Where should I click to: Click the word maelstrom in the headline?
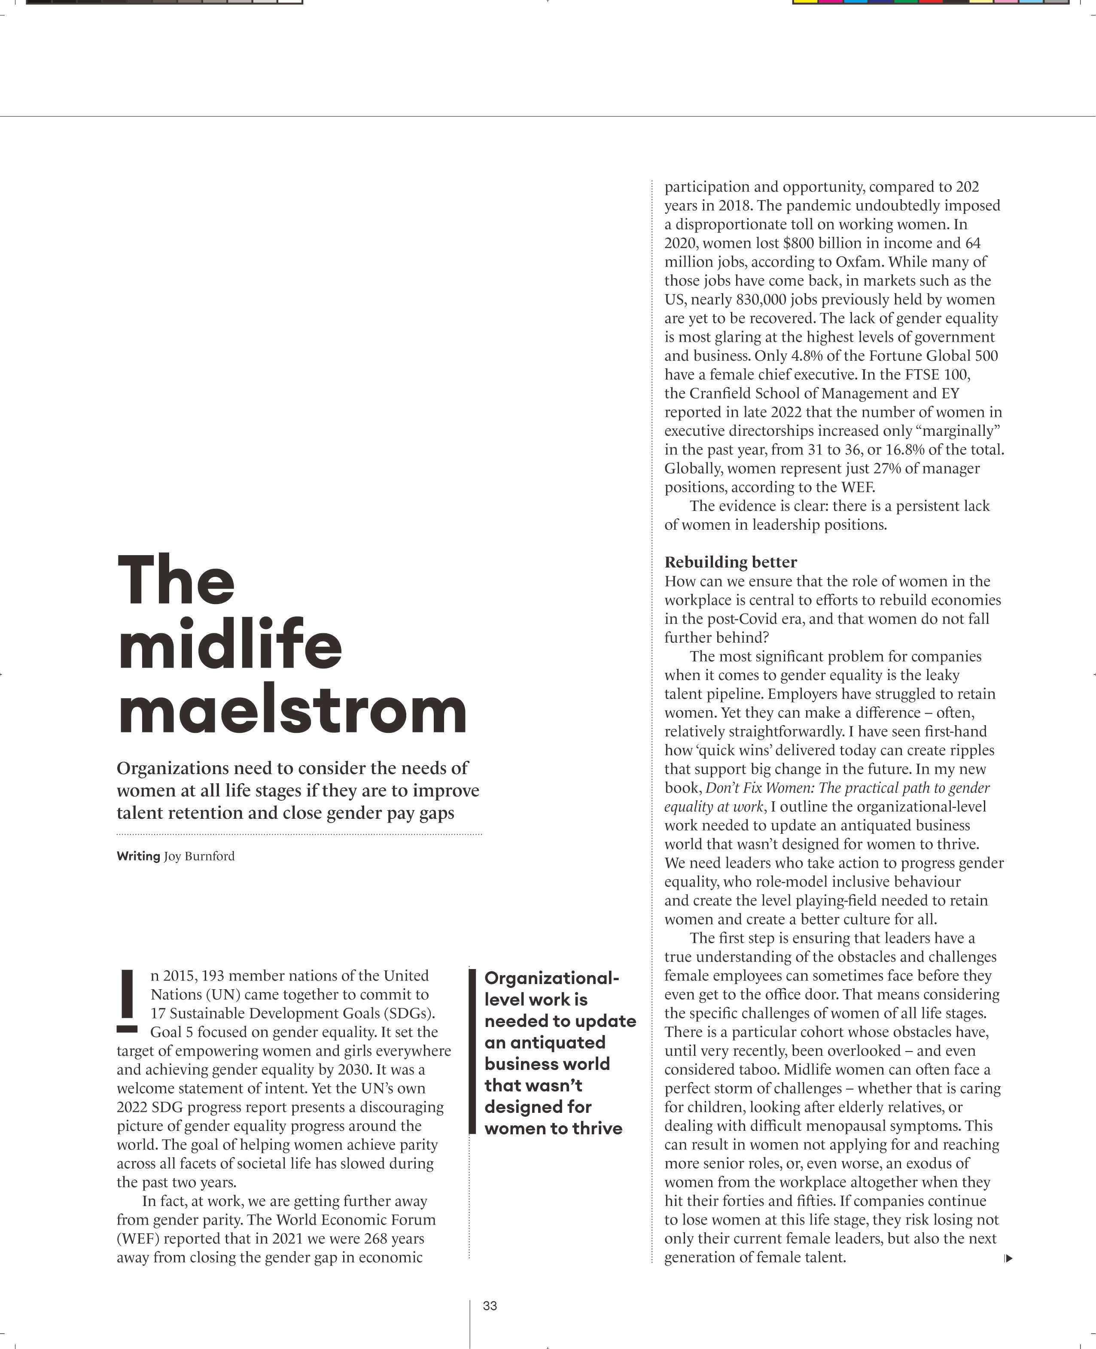click(292, 711)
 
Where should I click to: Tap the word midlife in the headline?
click(230, 647)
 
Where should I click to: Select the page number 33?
click(490, 1306)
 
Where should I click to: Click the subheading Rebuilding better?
click(731, 562)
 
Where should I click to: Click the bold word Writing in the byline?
click(138, 856)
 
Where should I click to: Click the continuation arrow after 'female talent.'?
click(1008, 1258)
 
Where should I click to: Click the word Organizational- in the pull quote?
click(551, 978)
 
